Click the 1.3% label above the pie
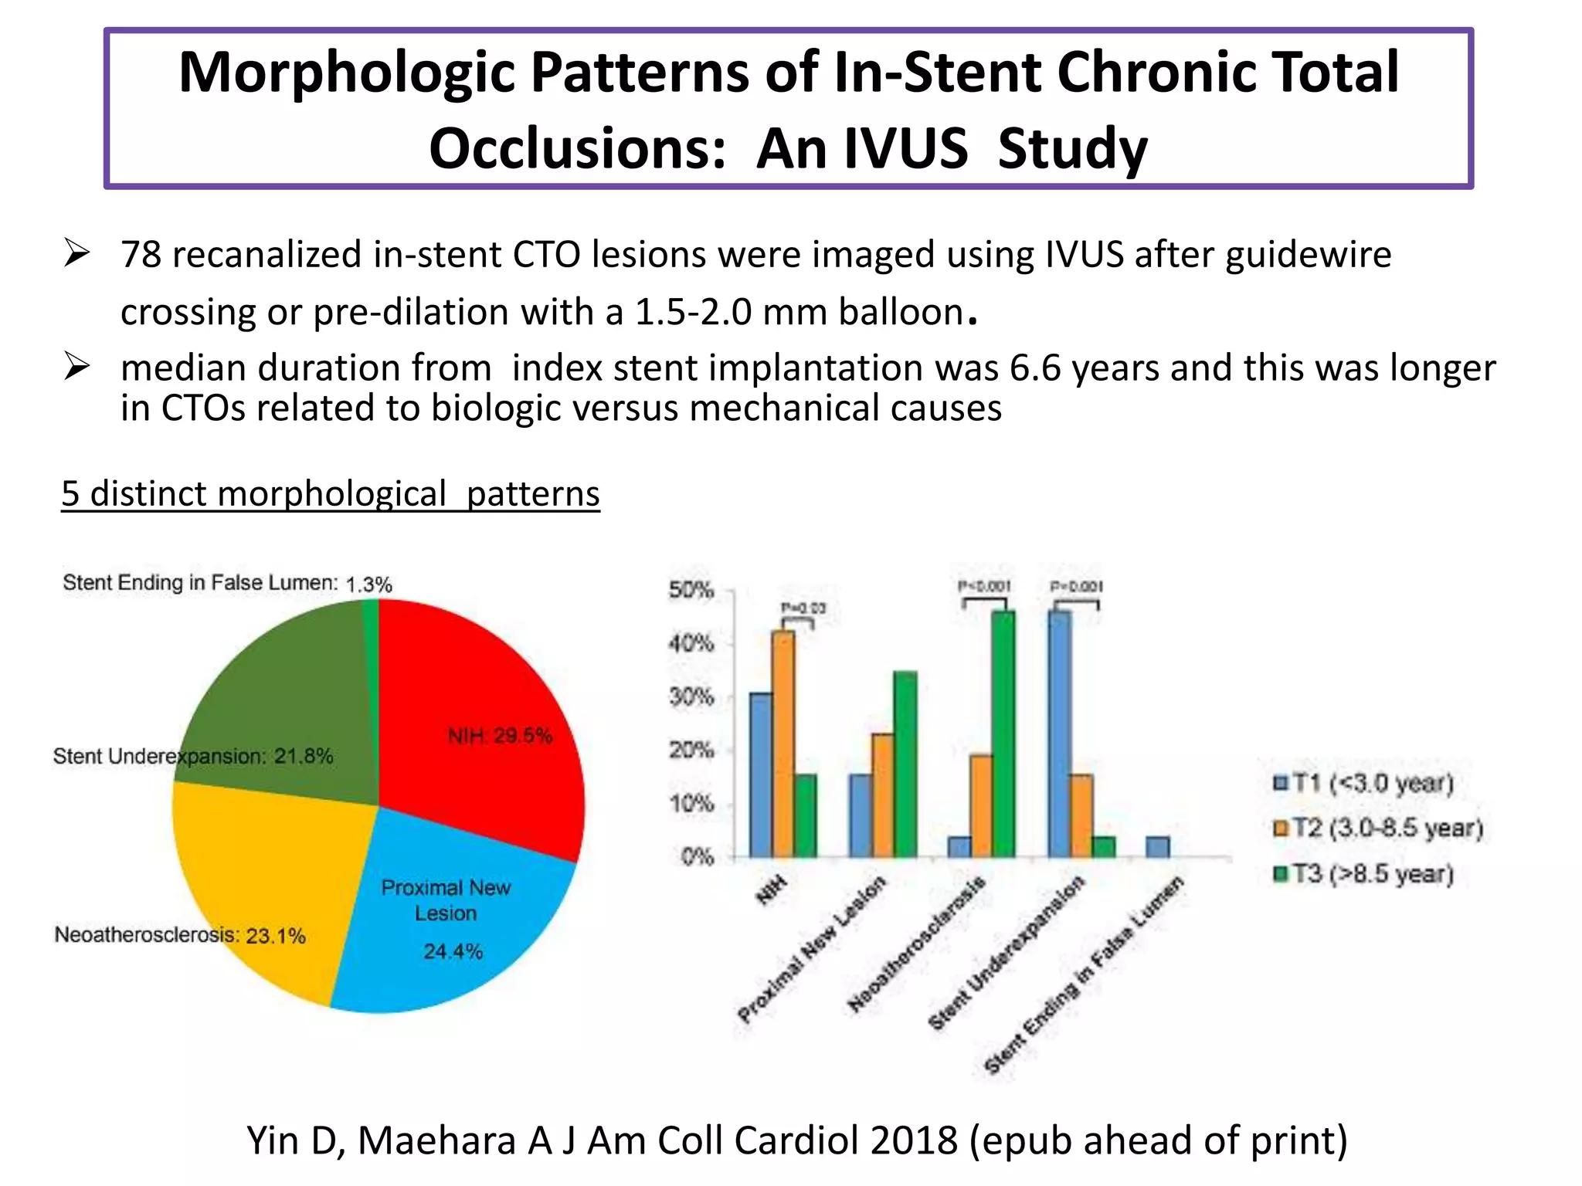(x=369, y=585)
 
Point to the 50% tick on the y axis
(x=691, y=591)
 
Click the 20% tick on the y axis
(x=691, y=751)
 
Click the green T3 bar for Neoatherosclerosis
(x=1003, y=734)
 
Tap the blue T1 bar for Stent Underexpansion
(x=1059, y=734)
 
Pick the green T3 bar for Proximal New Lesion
(x=905, y=764)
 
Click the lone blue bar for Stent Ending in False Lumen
(x=1158, y=847)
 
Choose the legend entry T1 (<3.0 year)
(x=1364, y=783)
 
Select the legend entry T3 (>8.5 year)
(x=1364, y=874)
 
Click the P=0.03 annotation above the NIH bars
(x=803, y=608)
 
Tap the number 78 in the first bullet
(x=141, y=255)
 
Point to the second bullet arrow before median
(x=77, y=367)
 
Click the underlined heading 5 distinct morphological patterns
(x=331, y=493)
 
